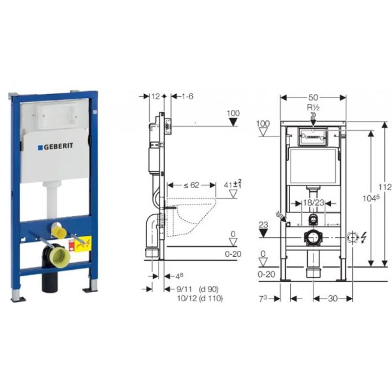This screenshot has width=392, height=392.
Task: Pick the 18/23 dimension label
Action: (314, 204)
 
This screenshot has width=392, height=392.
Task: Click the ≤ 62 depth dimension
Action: (191, 186)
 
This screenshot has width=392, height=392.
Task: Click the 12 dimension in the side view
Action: (155, 96)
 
